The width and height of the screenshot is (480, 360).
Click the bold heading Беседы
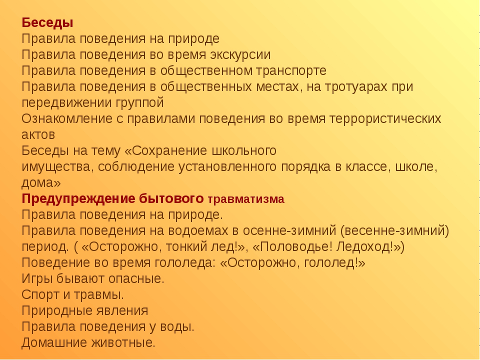click(47, 22)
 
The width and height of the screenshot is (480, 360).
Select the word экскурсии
click(240, 55)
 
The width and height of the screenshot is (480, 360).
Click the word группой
click(139, 103)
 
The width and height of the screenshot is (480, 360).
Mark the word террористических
click(385, 119)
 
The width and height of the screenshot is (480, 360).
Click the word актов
click(38, 135)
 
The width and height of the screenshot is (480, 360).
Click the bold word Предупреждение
click(78, 199)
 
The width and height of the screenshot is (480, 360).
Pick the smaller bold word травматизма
click(246, 199)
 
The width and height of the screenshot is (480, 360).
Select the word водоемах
click(197, 231)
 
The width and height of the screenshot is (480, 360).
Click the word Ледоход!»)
click(370, 246)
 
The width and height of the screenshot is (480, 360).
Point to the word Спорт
click(40, 295)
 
